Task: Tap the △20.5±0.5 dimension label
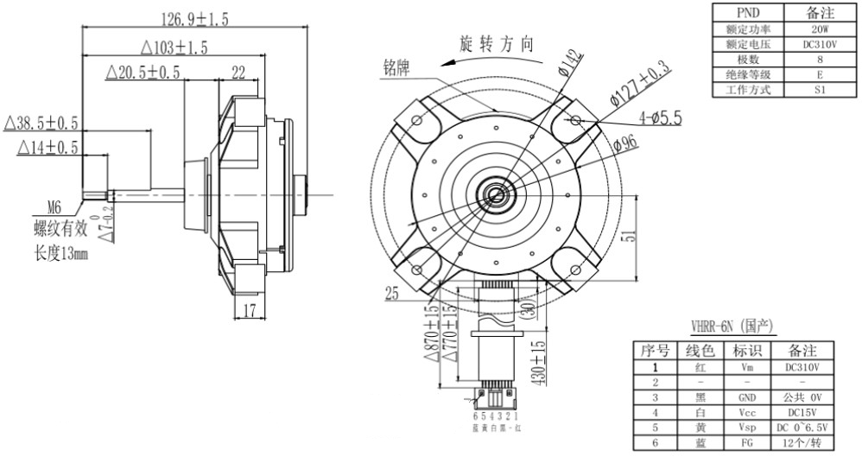click(x=143, y=73)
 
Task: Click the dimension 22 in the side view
click(x=238, y=73)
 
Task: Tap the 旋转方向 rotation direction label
click(x=497, y=44)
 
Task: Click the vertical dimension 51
click(x=638, y=233)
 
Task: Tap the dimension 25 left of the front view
click(x=391, y=295)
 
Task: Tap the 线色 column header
click(x=700, y=352)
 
